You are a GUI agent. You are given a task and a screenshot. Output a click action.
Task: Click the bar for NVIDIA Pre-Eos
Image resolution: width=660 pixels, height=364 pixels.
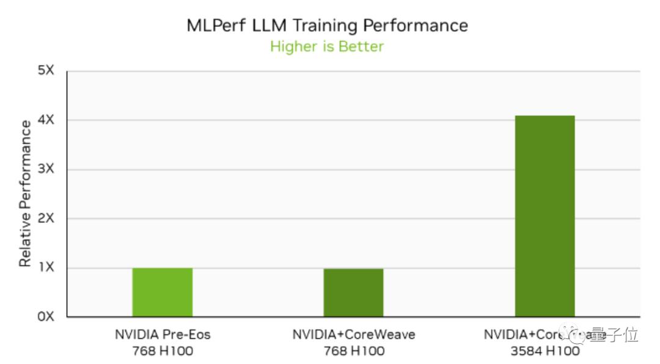(163, 292)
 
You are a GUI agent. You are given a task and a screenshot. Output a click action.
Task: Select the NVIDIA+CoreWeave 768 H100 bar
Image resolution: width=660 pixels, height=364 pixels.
(353, 293)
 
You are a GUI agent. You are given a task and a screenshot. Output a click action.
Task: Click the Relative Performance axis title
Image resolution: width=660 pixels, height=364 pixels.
(25, 194)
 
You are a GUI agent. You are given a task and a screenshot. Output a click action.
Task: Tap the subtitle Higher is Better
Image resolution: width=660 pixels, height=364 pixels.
(327, 46)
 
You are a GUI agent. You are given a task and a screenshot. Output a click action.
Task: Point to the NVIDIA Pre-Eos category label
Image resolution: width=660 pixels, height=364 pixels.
(163, 335)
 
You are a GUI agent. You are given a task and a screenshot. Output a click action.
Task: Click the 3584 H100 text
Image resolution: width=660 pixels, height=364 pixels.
(544, 351)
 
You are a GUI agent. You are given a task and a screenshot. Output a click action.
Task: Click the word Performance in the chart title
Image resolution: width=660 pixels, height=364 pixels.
(416, 26)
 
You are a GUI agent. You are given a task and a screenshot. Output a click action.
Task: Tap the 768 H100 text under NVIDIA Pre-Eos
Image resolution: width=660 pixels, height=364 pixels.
(163, 351)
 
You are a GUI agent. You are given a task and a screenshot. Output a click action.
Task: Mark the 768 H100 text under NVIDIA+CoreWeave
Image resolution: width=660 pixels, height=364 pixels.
(353, 351)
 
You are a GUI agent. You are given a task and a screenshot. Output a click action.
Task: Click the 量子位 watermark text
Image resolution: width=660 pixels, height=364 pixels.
(621, 335)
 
